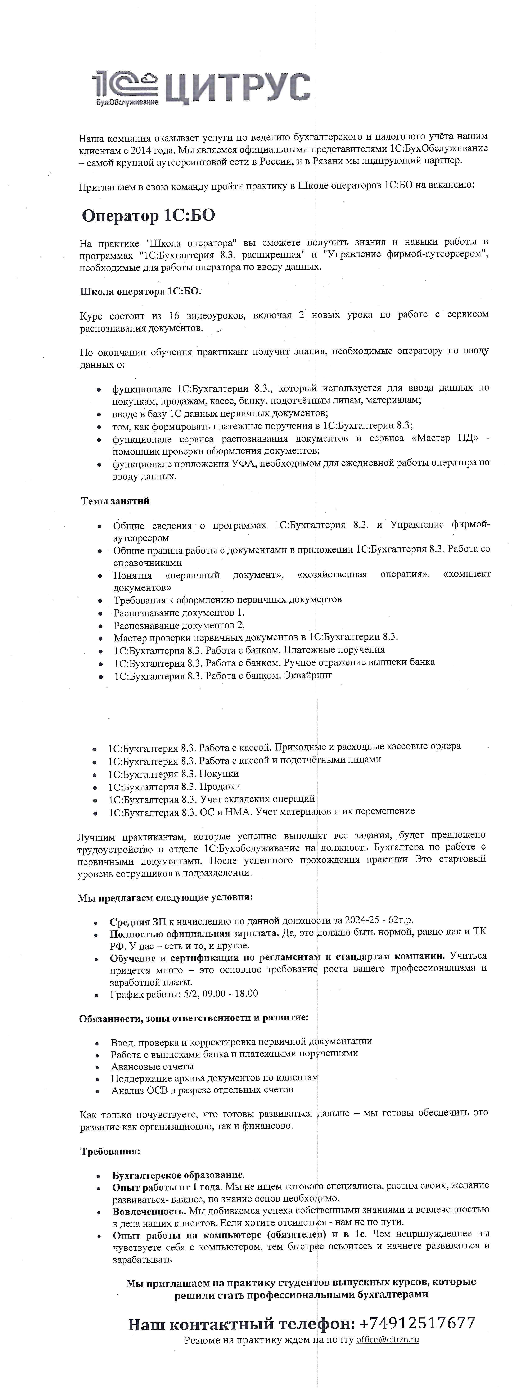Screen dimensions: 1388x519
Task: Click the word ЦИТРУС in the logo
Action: coord(237,86)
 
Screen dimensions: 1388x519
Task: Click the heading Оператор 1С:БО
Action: coord(148,216)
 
